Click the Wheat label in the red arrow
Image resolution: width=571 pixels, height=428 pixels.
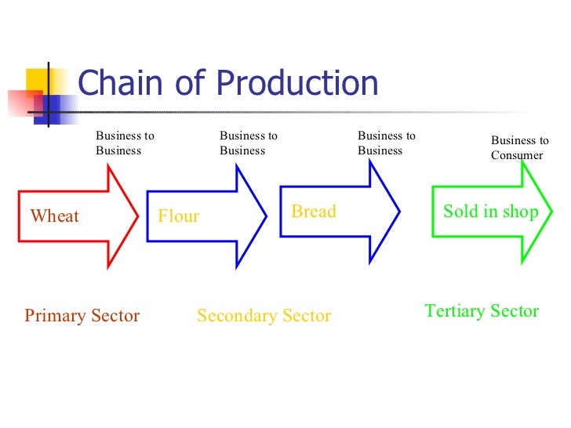point(54,216)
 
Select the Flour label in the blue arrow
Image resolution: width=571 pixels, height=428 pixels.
point(179,216)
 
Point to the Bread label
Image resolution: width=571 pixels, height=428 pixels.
point(314,211)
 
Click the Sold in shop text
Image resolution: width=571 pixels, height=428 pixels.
point(491,211)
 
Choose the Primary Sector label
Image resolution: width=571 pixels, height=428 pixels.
point(82,316)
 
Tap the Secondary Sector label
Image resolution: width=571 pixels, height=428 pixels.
point(264,316)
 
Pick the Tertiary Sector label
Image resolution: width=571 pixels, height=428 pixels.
point(482,311)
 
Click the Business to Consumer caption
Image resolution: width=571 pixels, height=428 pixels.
point(519,148)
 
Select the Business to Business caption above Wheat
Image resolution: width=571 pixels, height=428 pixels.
point(125,143)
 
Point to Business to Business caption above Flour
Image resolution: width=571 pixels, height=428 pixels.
point(249,143)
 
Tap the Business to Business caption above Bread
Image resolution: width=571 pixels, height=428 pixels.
point(387,143)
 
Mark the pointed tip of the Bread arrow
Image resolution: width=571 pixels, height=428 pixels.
point(400,211)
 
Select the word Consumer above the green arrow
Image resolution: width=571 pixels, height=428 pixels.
point(517,155)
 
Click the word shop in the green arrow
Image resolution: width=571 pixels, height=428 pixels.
point(522,212)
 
